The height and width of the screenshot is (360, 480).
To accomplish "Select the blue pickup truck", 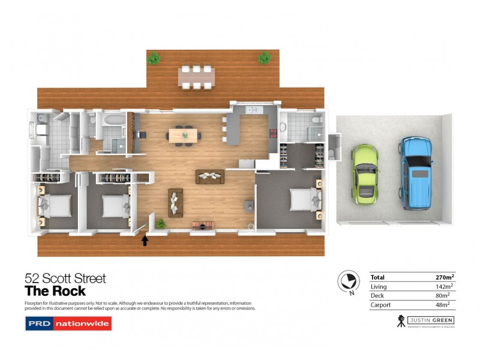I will point(416,173).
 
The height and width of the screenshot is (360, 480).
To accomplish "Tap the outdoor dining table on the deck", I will point(196,77).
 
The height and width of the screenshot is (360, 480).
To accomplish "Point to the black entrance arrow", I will point(145,241).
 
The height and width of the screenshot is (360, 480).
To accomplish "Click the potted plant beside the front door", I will point(160,224).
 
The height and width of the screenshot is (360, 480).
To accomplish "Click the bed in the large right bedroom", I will point(304,199).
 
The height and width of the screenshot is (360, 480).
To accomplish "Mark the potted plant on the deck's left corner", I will point(154,58).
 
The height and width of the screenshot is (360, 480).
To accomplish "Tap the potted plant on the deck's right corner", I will point(264,57).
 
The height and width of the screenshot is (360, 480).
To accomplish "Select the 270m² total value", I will point(445,277).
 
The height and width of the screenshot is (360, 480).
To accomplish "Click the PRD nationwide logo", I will point(68,324).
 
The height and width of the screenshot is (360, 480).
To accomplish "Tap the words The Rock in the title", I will point(55,292).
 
